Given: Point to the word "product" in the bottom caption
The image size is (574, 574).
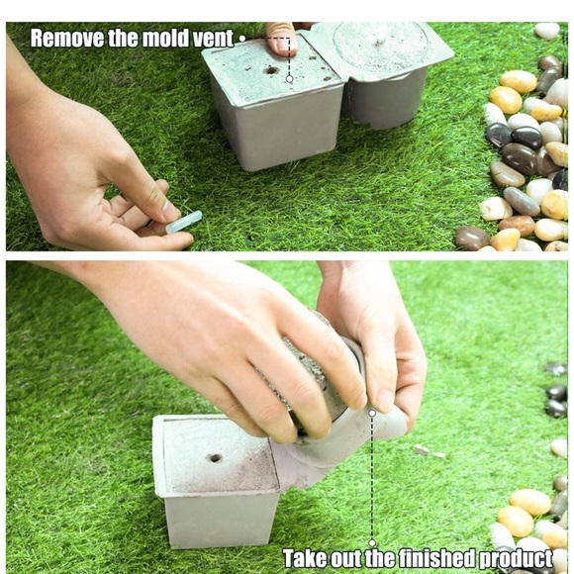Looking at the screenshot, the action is [x=516, y=559].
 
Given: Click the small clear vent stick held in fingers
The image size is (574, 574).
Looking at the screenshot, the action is [x=184, y=222].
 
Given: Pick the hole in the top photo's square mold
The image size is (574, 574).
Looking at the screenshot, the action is [x=271, y=70].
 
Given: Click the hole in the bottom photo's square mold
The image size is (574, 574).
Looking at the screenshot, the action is [x=216, y=458].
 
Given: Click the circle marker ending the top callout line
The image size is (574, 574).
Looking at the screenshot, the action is [x=290, y=79].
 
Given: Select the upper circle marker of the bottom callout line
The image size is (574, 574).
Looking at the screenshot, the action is [x=372, y=413].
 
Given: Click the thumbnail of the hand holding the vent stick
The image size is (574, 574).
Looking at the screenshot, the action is [x=170, y=211].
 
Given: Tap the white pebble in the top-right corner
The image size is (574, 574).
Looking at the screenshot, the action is [x=547, y=31].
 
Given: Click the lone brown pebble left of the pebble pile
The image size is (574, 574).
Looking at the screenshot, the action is [x=472, y=239].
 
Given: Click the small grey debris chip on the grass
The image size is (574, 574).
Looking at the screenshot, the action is [x=422, y=450].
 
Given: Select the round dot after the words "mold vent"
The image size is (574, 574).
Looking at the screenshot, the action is [x=242, y=38].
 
